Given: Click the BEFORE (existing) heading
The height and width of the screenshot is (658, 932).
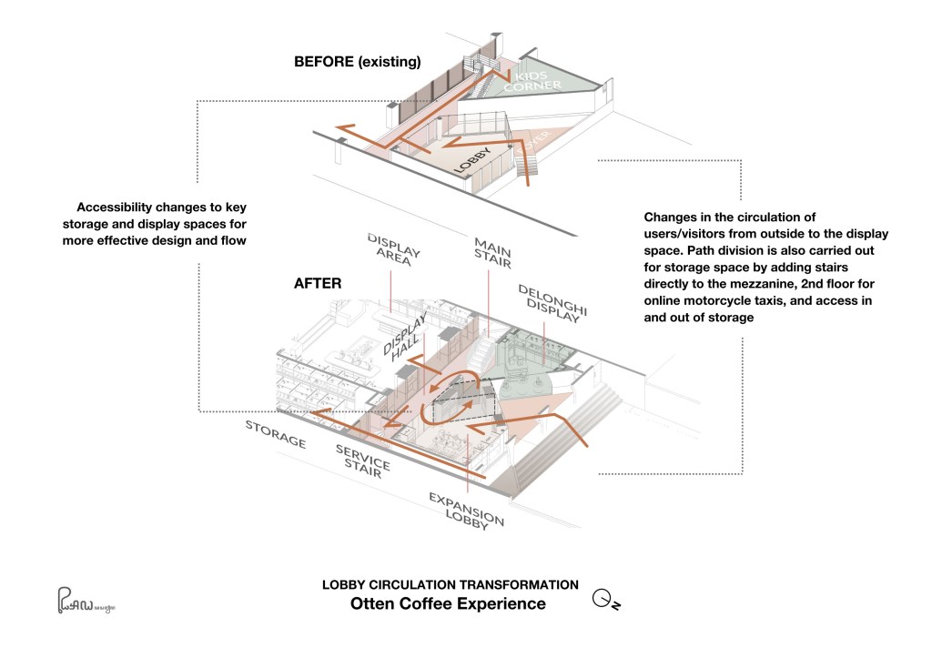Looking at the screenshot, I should pos(357,63).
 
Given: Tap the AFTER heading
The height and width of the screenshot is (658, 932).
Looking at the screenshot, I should pos(318,283).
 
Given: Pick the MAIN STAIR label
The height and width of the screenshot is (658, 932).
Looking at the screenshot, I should pos(491,252).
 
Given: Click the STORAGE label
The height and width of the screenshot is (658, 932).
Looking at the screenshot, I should pos(275,435).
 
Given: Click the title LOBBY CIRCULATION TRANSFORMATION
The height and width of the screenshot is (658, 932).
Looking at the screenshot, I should pos(451,584).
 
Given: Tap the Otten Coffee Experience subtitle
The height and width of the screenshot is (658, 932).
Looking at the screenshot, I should pos(449,603).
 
